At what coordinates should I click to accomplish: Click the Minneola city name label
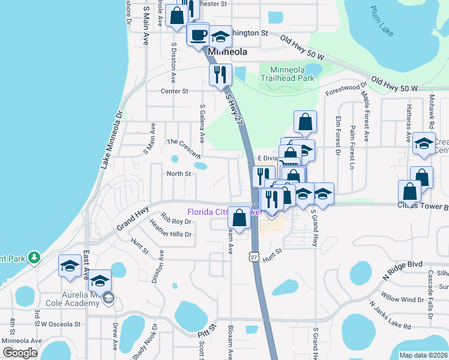point(228,52)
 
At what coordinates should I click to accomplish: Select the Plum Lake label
point(382,21)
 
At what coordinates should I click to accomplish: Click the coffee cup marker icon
point(197,35)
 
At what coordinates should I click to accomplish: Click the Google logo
point(20,353)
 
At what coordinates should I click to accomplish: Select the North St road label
point(178,174)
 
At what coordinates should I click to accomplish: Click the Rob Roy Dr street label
point(176,220)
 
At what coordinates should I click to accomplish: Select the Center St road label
point(175,91)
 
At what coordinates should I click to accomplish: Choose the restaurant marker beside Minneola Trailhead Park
point(220,74)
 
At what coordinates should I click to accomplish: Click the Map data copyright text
point(423,355)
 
